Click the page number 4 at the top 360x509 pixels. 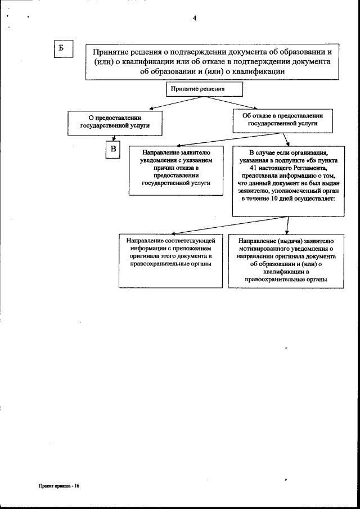click(194, 18)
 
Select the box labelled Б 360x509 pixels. click(62, 49)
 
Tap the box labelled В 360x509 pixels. click(113, 149)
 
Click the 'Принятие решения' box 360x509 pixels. click(204, 89)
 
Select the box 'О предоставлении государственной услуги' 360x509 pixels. click(115, 123)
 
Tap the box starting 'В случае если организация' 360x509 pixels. click(288, 179)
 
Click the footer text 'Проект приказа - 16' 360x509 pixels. click(60, 485)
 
